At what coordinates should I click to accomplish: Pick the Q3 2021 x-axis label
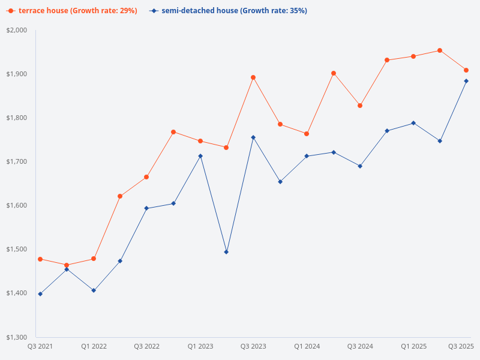tap(40, 346)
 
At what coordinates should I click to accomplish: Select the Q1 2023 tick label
tap(200, 346)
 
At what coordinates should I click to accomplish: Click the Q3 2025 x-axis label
tap(461, 346)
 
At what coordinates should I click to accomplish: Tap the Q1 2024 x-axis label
tap(307, 346)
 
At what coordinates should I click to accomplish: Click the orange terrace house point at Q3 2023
tap(253, 77)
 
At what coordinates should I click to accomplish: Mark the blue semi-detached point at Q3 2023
tap(253, 137)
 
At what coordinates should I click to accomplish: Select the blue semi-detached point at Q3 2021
tap(40, 294)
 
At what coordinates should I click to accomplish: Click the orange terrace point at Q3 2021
tap(40, 259)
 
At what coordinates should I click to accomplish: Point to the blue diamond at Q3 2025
tap(466, 81)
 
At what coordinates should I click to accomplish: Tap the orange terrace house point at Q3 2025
tap(466, 70)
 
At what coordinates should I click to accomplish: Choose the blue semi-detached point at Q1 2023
tap(200, 156)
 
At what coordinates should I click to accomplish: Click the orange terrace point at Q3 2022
tap(146, 177)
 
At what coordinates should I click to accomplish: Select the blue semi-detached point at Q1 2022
tap(94, 290)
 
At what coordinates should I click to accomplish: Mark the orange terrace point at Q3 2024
tap(360, 106)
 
